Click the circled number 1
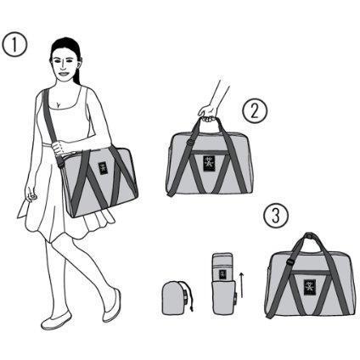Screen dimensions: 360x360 (14, 45)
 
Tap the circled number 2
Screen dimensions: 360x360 (255, 111)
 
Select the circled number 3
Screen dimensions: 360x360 (276, 216)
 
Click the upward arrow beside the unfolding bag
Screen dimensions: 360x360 (241, 284)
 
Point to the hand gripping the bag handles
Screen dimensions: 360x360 (209, 113)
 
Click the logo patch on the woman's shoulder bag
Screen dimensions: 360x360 (103, 166)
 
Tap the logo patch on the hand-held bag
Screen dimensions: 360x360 (209, 163)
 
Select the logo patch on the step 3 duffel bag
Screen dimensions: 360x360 (310, 287)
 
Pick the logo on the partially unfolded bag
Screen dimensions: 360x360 (222, 273)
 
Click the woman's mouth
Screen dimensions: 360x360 (63, 74)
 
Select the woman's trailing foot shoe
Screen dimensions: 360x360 (112, 306)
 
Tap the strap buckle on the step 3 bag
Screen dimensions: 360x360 (290, 262)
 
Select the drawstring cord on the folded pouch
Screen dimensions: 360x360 (188, 295)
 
